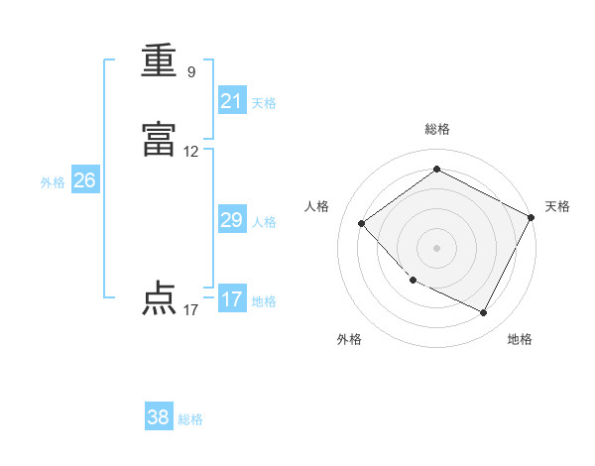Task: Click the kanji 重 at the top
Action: point(159,61)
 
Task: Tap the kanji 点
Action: point(159,298)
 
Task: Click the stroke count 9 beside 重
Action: point(191,71)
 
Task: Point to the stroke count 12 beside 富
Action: point(191,152)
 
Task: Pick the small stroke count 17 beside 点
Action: point(191,310)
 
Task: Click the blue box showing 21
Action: point(231,101)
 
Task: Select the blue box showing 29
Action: point(231,220)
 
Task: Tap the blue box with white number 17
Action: point(231,299)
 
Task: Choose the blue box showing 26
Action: point(84,180)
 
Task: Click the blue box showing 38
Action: point(159,417)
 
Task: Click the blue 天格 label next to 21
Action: point(264,103)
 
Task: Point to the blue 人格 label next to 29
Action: point(264,222)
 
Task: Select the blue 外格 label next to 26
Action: point(53,182)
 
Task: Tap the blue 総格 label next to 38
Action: point(190,419)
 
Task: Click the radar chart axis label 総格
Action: point(437,129)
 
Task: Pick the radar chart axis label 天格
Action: point(557,206)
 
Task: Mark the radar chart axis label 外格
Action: point(349,339)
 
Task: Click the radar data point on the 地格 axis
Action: point(484,313)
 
